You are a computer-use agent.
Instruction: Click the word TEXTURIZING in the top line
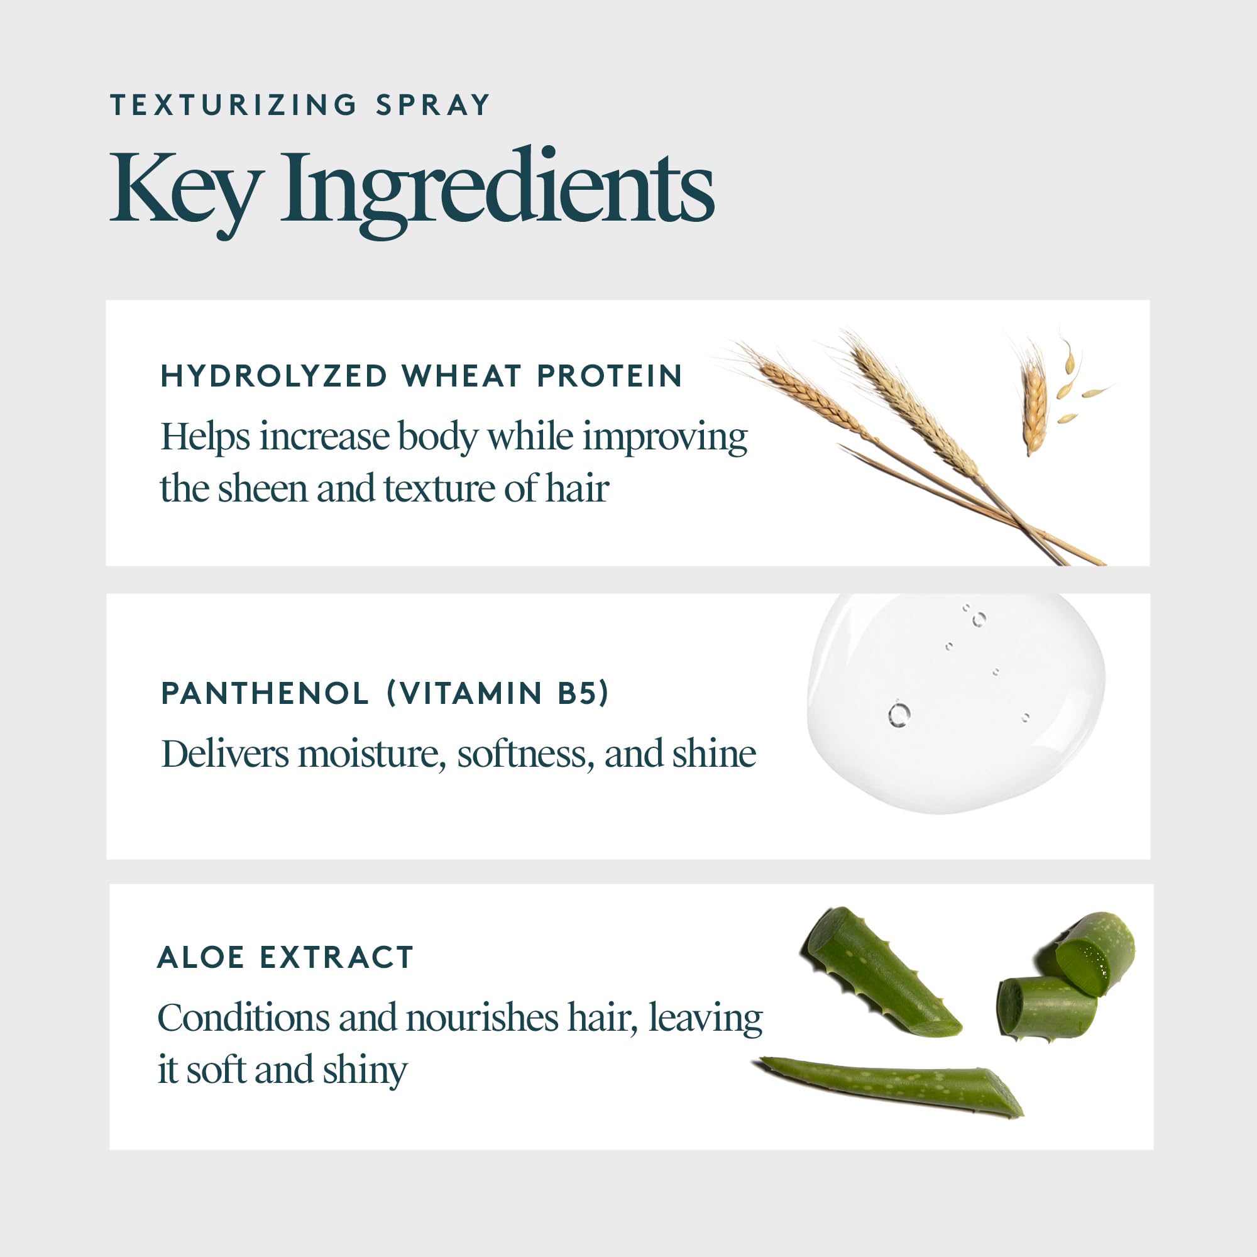coord(233,106)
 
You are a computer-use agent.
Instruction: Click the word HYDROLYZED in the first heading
coord(274,376)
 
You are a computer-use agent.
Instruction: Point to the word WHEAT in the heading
coord(461,376)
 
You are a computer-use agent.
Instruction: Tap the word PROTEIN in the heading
coord(610,376)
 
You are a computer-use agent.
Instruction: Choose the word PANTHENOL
coord(265,694)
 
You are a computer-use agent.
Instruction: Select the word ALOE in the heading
coord(200,957)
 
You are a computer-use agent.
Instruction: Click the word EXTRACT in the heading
coord(336,957)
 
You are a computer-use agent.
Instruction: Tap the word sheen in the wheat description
coord(261,488)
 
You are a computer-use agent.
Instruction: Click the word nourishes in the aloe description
coord(481,1018)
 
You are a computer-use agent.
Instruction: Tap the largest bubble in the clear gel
coord(899,715)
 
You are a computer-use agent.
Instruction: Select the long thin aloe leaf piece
coord(891,1085)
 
